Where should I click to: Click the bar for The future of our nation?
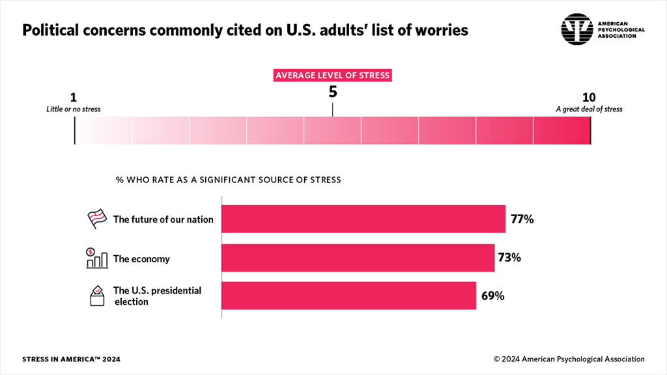click(x=363, y=219)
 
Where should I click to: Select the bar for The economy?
click(x=358, y=258)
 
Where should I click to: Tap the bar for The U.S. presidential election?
click(x=348, y=296)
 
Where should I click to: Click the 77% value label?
click(x=522, y=219)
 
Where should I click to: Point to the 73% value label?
click(x=509, y=258)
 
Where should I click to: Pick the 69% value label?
click(x=492, y=296)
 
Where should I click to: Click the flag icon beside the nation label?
click(x=97, y=219)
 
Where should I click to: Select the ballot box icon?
click(x=97, y=296)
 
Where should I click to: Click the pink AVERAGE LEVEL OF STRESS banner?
click(x=332, y=76)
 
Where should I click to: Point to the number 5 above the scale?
click(x=333, y=92)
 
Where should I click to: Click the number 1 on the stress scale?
click(x=73, y=98)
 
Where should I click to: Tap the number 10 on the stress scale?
click(x=589, y=98)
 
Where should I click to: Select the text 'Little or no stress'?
click(x=74, y=109)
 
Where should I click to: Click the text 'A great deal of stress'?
click(x=589, y=109)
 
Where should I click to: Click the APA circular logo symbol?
click(x=577, y=29)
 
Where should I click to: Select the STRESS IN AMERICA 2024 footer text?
click(x=71, y=359)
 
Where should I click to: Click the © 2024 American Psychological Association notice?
click(x=569, y=359)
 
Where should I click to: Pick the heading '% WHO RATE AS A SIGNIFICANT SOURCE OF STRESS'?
click(x=228, y=180)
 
